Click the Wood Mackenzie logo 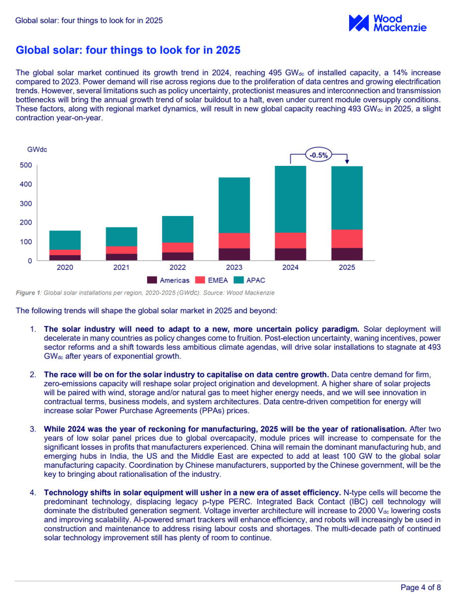click(387, 23)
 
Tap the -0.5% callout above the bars click(318, 155)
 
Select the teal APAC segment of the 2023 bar click(234, 205)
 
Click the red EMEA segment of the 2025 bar click(347, 238)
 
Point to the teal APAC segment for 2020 click(65, 240)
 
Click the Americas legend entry click(168, 281)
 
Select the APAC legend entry click(253, 281)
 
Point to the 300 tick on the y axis click(26, 204)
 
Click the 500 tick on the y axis click(26, 165)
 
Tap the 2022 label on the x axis click(178, 268)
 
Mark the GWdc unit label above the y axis click(37, 149)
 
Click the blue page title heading click(128, 50)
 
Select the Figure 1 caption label click(28, 293)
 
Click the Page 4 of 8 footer click(421, 588)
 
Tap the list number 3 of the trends click(33, 428)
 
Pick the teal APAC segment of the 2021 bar click(121, 236)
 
